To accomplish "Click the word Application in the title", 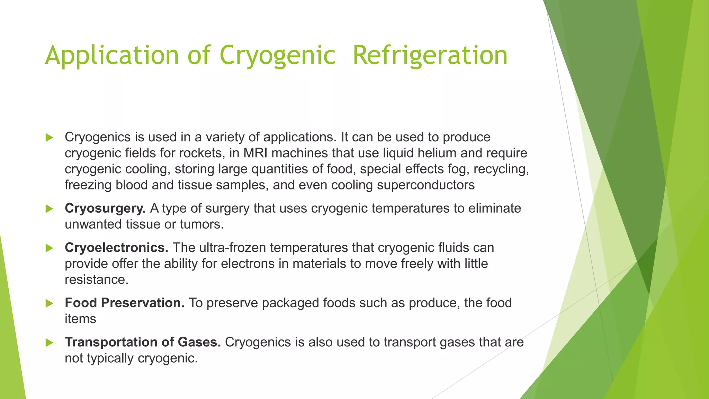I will click(112, 55).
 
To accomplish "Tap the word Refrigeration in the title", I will click(430, 55).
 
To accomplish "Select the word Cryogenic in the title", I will click(278, 55).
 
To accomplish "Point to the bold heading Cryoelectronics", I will click(116, 248).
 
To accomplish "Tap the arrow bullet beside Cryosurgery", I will click(49, 209).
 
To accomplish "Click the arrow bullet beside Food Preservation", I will click(49, 303).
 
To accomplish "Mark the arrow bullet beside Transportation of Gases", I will click(49, 343).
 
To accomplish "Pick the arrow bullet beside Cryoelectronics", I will click(49, 248).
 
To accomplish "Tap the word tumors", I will click(201, 224).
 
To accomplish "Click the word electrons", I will click(248, 264).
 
